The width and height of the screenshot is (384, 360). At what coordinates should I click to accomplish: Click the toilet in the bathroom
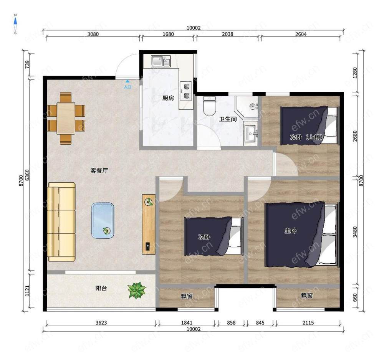tap(210, 106)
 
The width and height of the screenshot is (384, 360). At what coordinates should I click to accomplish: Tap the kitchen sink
tap(161, 61)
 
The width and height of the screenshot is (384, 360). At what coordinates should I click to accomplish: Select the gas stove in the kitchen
tap(186, 91)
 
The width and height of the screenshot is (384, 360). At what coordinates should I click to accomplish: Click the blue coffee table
tap(103, 220)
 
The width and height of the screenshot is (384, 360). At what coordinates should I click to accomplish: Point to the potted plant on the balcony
tap(137, 290)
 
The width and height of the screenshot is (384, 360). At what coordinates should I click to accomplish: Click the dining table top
tap(66, 118)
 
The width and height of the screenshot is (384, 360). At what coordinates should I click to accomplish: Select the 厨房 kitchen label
tap(168, 98)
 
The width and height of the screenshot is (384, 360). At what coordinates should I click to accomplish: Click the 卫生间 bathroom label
tap(228, 119)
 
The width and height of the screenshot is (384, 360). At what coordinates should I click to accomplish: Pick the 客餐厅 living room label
tap(99, 170)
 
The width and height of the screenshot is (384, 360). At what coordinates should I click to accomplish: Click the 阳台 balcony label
tap(101, 288)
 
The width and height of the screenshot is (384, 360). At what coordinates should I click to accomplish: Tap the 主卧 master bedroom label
tap(290, 230)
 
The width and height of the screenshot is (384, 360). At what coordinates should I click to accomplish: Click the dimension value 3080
tap(93, 34)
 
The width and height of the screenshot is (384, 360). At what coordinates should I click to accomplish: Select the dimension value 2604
tap(301, 34)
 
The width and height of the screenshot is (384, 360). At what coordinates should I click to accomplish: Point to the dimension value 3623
tap(101, 322)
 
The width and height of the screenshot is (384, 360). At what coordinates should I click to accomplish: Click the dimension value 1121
tap(27, 291)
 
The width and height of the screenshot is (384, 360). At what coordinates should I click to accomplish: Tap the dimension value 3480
tap(355, 232)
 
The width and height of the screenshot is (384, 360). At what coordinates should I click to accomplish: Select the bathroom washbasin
tap(250, 134)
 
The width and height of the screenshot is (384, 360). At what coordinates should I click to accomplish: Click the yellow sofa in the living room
tap(61, 222)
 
